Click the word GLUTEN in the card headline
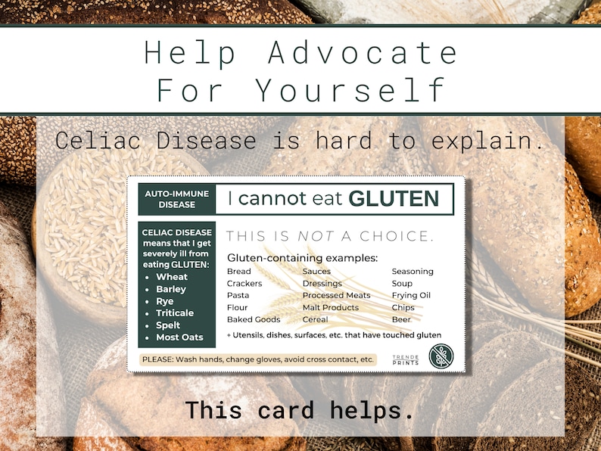393,199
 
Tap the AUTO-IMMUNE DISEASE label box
177,199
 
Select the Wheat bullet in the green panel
172,277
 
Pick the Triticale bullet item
175,313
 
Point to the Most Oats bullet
179,337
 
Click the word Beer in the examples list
402,319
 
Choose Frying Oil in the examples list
411,295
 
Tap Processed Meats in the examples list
336,295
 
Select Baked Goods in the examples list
254,319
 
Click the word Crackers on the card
244,283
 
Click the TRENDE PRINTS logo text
405,359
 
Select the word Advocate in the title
363,53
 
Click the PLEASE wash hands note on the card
258,359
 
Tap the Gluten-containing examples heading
302,258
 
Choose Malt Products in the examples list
330,307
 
